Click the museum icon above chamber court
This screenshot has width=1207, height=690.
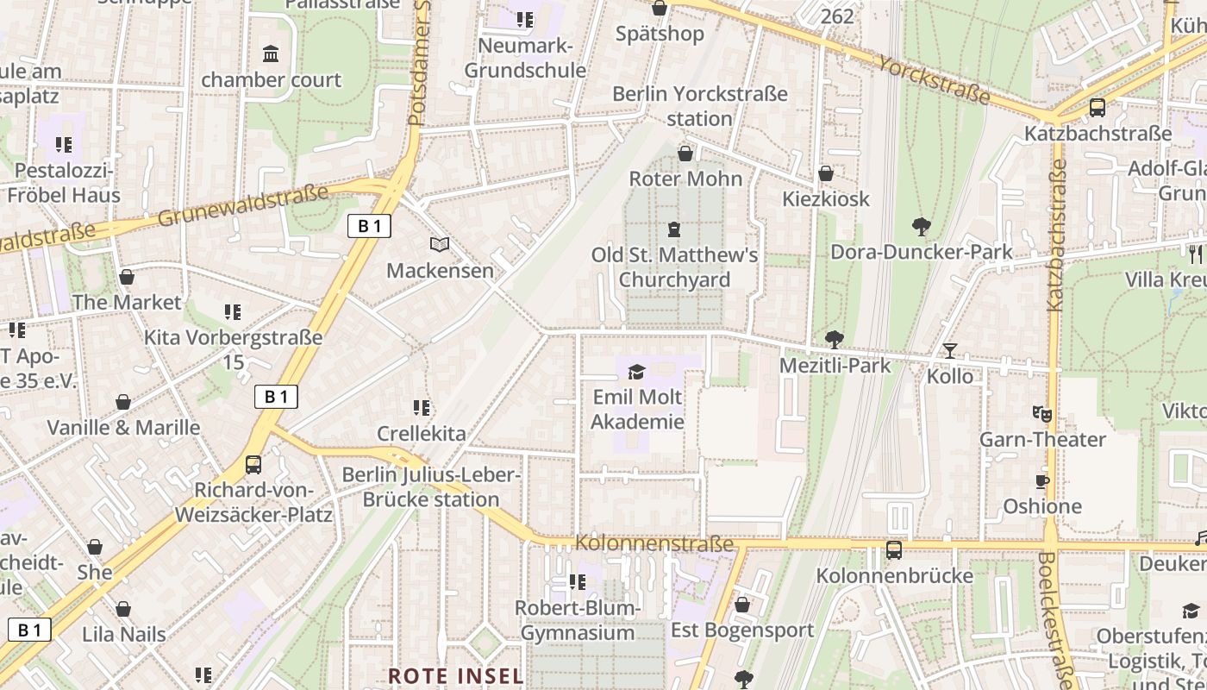pos(271,54)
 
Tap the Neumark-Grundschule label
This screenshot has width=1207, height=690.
pos(525,58)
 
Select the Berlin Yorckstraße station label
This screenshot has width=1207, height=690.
pos(699,106)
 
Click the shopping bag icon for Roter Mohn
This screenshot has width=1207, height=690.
pos(685,154)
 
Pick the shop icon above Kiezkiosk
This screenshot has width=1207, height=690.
pos(825,173)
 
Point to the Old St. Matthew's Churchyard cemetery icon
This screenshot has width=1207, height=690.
pos(673,229)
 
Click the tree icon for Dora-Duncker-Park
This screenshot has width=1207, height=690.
pos(921,227)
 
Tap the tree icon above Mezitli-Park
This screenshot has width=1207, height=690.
pos(834,339)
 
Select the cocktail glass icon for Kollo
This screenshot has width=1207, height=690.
pos(949,350)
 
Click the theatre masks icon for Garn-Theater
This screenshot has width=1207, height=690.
pos(1042,414)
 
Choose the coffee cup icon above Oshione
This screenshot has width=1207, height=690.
pos(1041,481)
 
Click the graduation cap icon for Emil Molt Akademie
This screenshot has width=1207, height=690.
pos(636,372)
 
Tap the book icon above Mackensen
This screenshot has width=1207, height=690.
pos(440,245)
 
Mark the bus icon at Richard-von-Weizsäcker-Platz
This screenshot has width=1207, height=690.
pos(253,465)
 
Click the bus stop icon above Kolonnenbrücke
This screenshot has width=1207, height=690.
pos(894,549)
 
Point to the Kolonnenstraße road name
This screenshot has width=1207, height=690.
pos(654,543)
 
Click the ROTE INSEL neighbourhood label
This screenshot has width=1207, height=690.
pos(455,675)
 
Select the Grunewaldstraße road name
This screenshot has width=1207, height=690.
pos(243,205)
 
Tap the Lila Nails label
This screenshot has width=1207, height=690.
pos(123,634)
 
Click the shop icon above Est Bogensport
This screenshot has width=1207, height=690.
pos(741,605)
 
